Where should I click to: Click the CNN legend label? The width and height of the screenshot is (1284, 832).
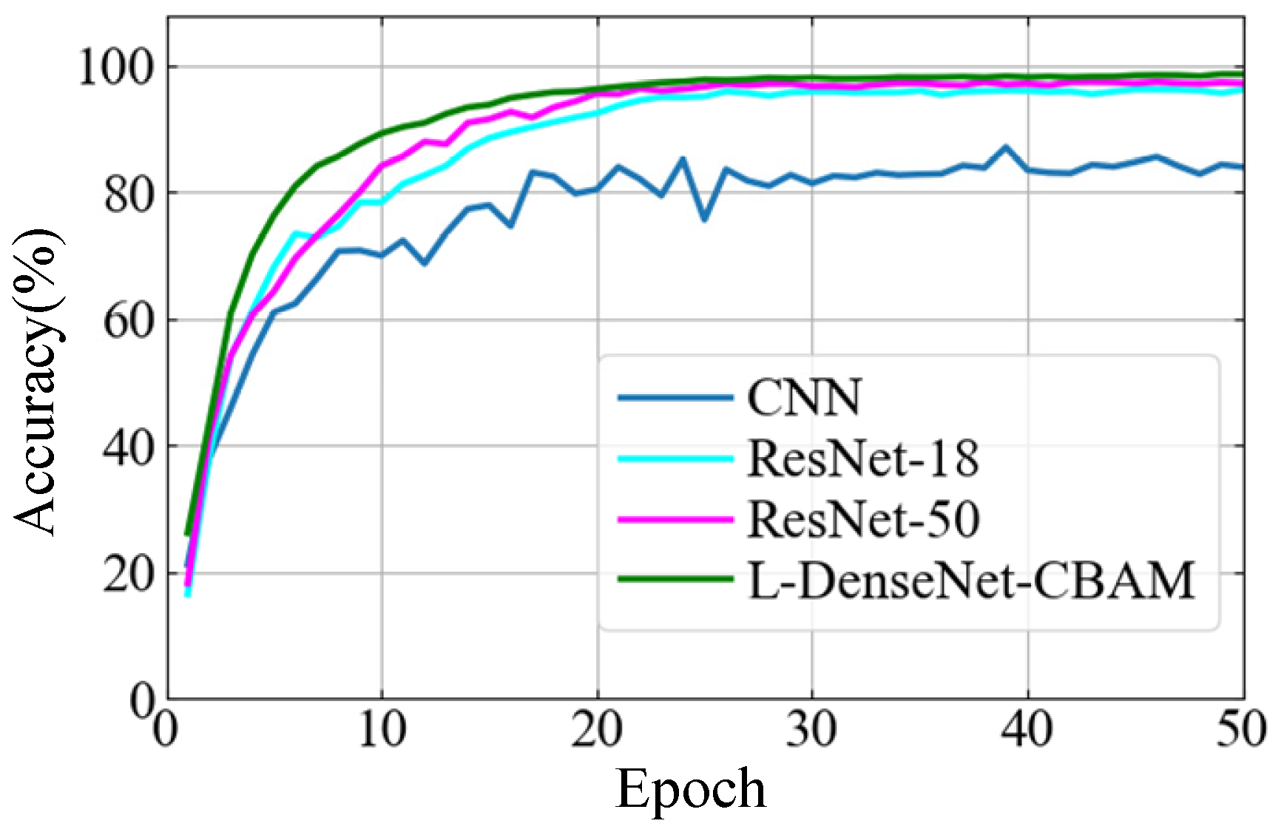click(804, 397)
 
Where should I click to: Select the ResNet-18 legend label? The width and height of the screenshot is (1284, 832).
click(863, 459)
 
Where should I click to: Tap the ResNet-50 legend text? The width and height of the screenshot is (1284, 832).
click(863, 519)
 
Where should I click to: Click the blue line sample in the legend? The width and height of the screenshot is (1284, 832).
click(675, 398)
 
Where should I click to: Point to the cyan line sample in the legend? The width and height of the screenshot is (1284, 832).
click(675, 459)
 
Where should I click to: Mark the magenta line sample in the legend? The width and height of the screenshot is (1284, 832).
click(675, 519)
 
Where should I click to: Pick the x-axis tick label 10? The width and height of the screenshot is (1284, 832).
click(382, 730)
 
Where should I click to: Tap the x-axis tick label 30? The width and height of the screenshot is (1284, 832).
click(812, 730)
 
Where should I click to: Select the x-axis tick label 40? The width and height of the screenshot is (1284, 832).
click(1027, 730)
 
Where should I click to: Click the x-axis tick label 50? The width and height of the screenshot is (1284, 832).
click(1243, 730)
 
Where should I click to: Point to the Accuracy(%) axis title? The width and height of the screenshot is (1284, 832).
click(37, 380)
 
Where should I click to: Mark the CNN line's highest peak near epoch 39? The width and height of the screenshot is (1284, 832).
click(1006, 147)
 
